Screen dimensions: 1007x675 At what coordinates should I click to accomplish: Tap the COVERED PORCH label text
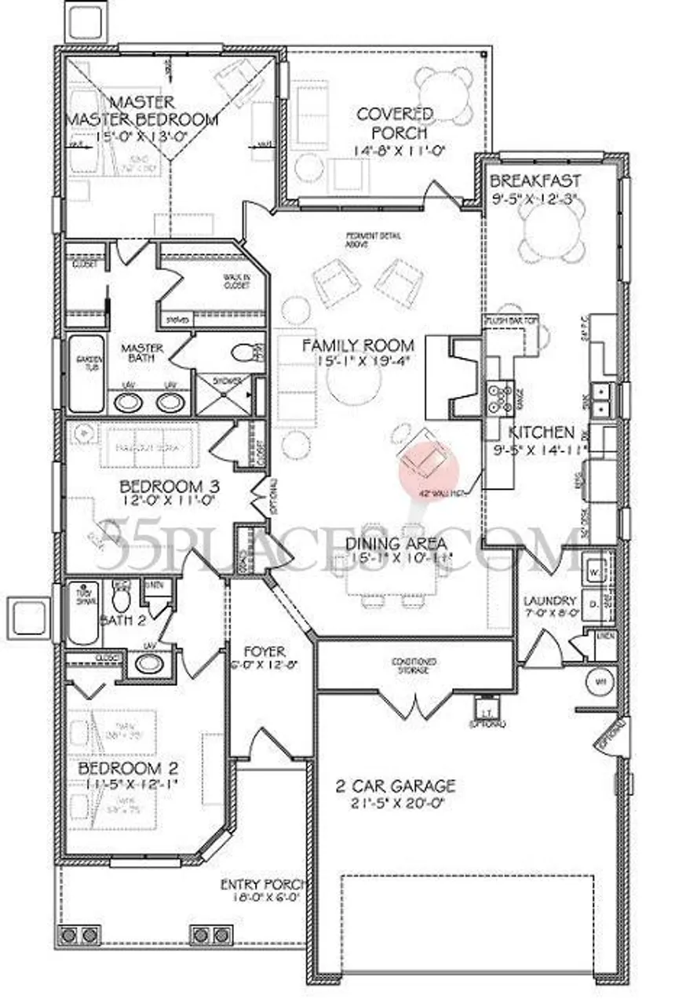coord(394,124)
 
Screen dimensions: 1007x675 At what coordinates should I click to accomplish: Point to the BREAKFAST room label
coord(535,181)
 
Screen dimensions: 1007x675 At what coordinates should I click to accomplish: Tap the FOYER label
coord(264,652)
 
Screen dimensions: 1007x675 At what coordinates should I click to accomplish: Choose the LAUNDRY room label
coord(550,602)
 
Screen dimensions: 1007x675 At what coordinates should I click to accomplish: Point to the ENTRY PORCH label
coord(261,885)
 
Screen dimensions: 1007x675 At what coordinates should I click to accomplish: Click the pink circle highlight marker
coord(429,469)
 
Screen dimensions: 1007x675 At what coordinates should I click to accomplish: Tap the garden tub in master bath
coord(85,373)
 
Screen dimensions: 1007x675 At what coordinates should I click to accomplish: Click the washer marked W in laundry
coord(593,572)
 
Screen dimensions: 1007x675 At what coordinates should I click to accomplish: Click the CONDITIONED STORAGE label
coord(414,666)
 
